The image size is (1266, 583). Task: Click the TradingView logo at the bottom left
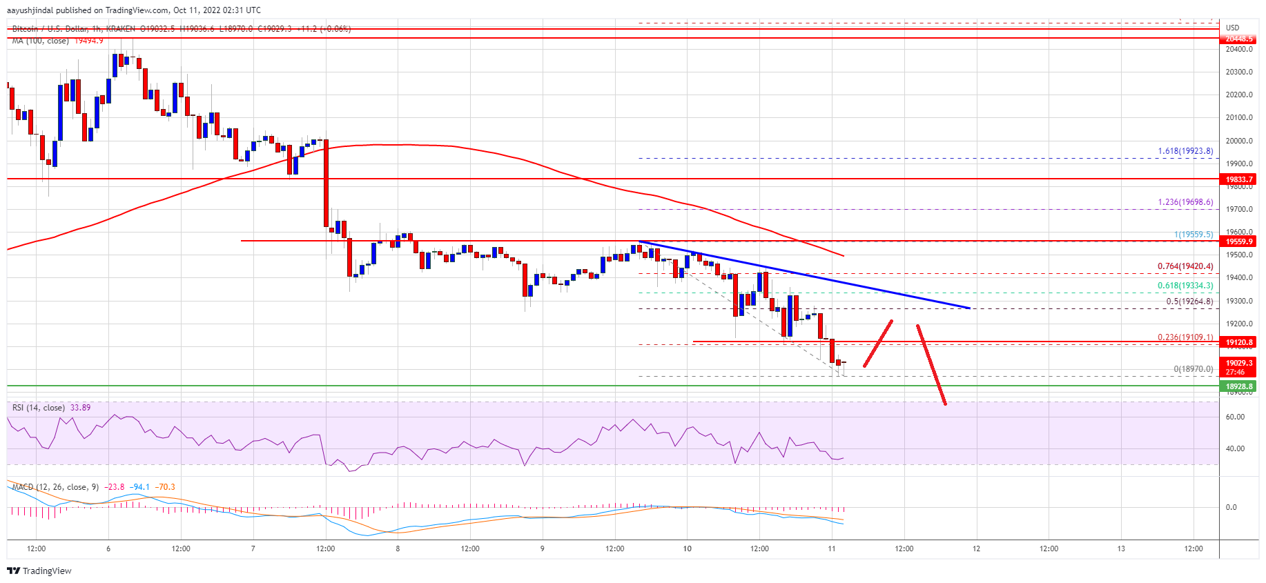pos(39,571)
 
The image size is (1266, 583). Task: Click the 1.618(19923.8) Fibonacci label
pos(1185,152)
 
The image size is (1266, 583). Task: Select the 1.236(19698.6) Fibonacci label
pos(1185,202)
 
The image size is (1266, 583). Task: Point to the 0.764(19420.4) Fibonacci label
pos(1185,266)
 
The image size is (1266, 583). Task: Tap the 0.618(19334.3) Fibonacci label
pos(1185,286)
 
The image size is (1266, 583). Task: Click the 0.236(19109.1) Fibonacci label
pos(1185,337)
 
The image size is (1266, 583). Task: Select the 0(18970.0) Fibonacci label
pos(1194,369)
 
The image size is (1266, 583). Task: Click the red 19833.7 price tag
pos(1239,179)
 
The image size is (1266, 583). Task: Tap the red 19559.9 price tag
pos(1239,241)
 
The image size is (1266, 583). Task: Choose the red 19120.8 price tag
pos(1239,342)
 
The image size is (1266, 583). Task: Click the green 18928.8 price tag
pos(1239,387)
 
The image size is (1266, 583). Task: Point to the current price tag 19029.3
pos(1239,363)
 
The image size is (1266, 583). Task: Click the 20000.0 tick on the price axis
pos(1239,141)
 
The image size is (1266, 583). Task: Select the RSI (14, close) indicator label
pos(39,408)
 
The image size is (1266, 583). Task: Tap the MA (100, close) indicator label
pos(40,41)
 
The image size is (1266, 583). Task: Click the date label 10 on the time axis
pos(687,549)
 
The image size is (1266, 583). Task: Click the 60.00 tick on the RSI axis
pos(1236,417)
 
